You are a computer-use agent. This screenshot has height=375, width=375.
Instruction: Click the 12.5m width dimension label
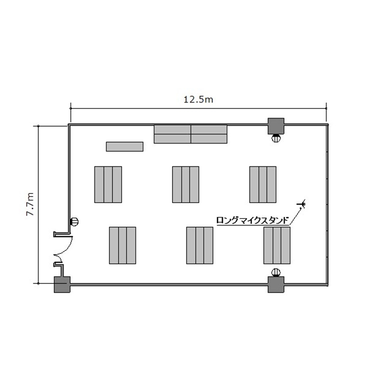(x=198, y=99)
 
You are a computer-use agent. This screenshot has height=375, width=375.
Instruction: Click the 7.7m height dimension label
(x=30, y=204)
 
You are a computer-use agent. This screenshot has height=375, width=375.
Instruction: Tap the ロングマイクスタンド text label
(x=253, y=220)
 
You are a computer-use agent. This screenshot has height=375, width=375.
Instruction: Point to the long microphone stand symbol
(x=302, y=204)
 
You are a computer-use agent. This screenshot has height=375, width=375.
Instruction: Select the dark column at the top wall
(x=275, y=126)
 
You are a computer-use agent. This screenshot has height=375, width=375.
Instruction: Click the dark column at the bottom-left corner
(x=62, y=284)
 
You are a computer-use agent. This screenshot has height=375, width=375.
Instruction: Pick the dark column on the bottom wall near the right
(x=275, y=284)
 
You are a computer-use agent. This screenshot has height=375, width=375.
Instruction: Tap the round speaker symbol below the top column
(x=276, y=138)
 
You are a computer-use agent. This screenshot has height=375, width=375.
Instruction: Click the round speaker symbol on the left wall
(x=74, y=221)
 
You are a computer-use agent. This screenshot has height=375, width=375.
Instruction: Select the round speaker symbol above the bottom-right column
(x=276, y=272)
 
